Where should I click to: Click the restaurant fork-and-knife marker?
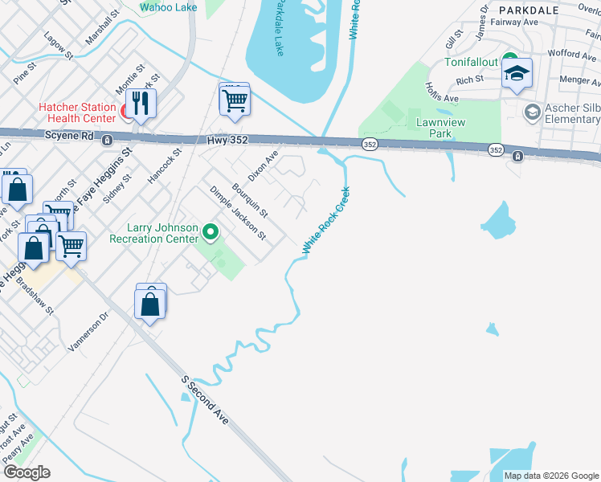point(141,102)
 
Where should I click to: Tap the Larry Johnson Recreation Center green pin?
point(211,233)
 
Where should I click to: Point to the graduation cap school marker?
point(517,75)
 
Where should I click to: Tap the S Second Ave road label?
point(204,399)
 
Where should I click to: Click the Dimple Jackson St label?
point(237,213)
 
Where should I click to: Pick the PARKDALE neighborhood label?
point(529,10)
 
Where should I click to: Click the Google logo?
point(26,472)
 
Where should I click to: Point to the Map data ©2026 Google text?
point(550,476)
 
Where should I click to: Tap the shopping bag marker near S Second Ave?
point(150,304)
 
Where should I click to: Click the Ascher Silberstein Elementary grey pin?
point(530,111)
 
